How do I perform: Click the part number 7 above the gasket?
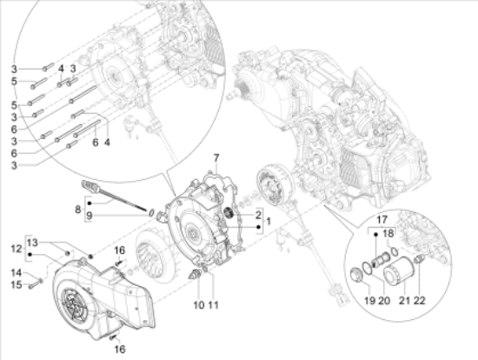click(x=216, y=158)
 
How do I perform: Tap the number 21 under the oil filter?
click(x=404, y=301)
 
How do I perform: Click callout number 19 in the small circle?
click(x=369, y=301)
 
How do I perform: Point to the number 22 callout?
click(x=419, y=301)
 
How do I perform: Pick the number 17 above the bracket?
click(x=382, y=220)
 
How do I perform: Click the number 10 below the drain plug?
click(x=199, y=304)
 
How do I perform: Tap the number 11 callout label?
click(x=214, y=304)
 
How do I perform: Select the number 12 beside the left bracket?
click(x=17, y=249)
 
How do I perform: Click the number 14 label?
click(x=17, y=272)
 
